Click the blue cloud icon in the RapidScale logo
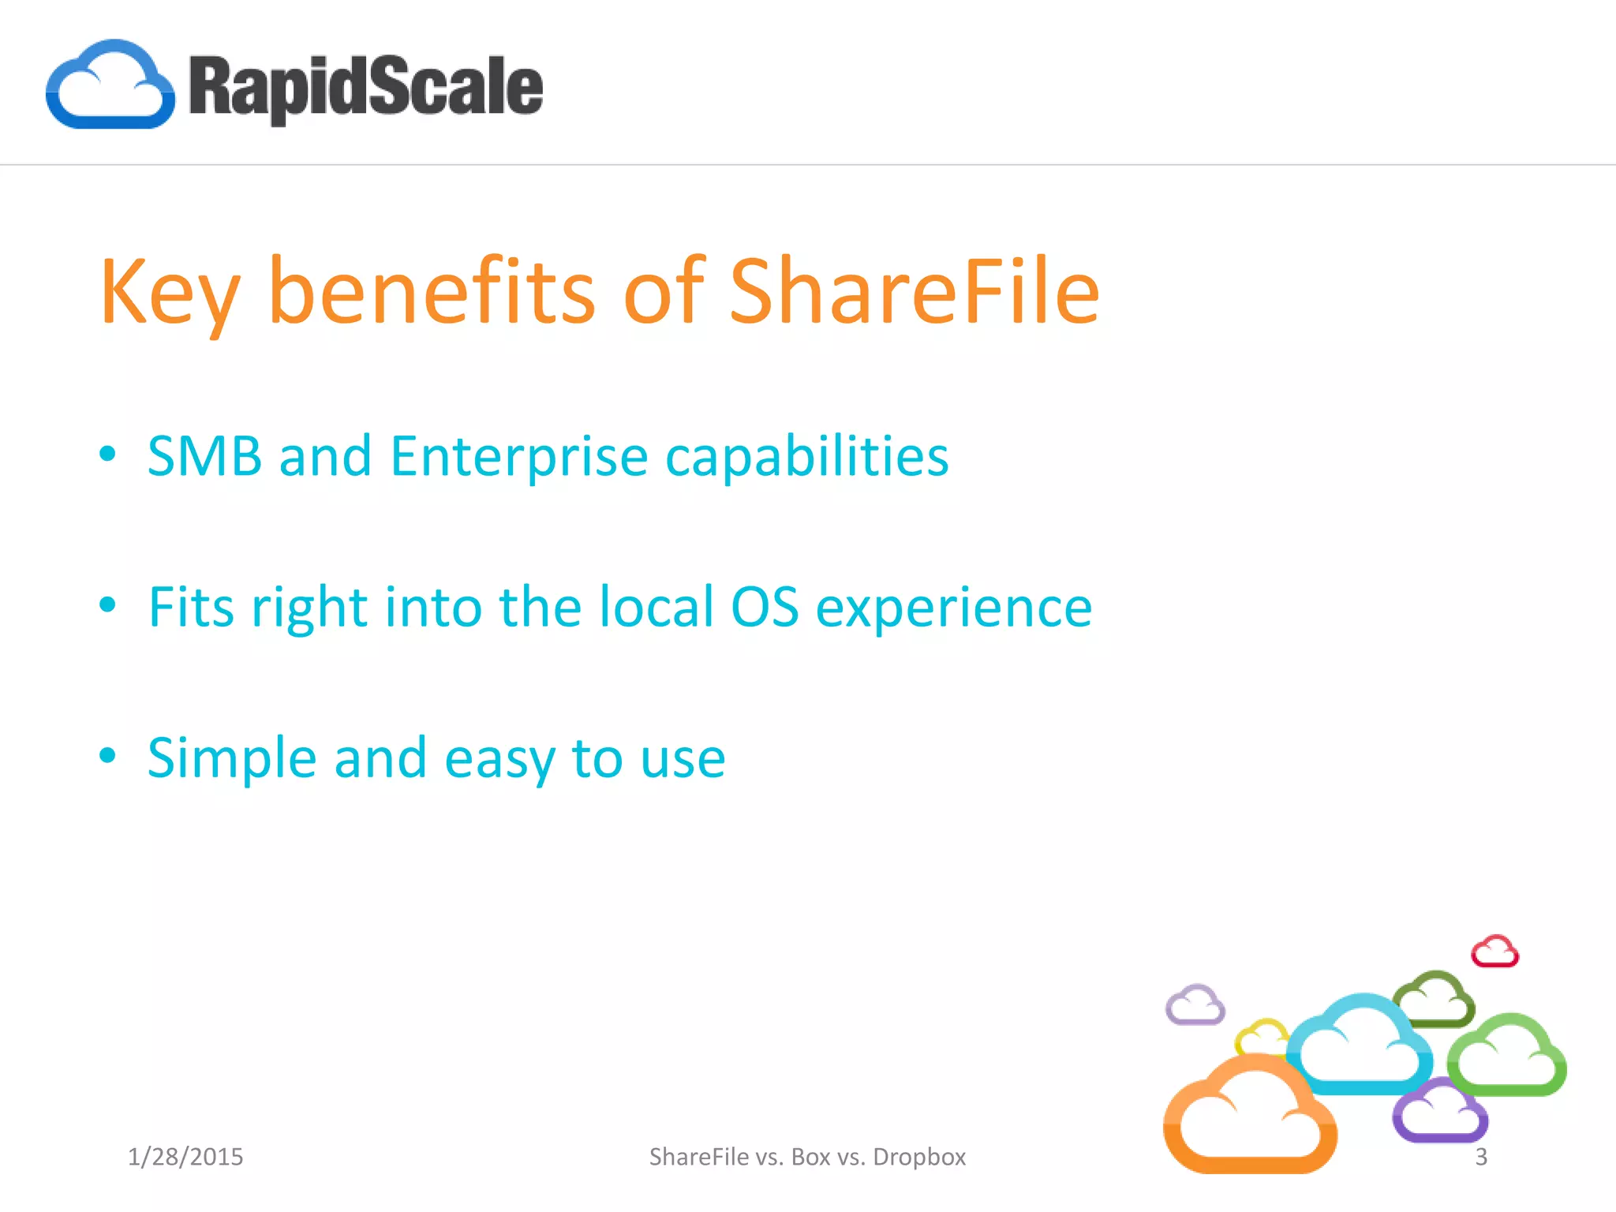(110, 85)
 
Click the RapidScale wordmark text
(365, 87)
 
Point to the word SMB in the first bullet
(204, 456)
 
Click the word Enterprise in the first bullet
(519, 458)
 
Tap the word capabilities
(806, 458)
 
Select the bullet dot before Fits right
(108, 605)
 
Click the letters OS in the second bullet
(765, 607)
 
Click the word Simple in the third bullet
(232, 758)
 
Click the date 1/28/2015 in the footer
(185, 1157)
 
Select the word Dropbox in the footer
(919, 1157)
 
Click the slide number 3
(1481, 1157)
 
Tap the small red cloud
(1494, 952)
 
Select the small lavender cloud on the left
(1195, 1005)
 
